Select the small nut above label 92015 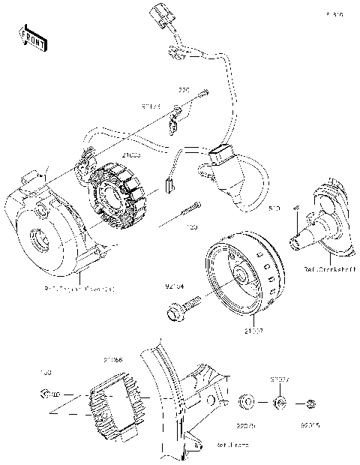pyautogui.click(x=310, y=405)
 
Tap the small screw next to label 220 pyautogui.click(x=203, y=93)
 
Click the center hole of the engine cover pyautogui.click(x=37, y=242)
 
